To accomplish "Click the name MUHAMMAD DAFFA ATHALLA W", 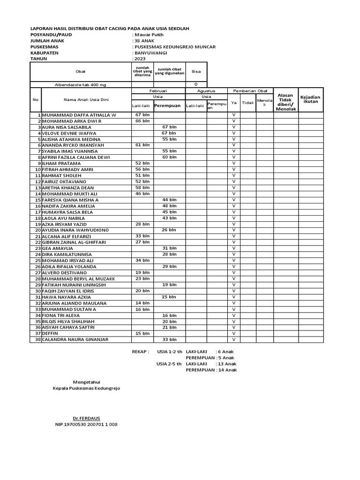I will pos(79,115).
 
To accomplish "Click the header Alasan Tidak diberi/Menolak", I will pos(285,102).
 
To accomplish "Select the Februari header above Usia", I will pos(158,90).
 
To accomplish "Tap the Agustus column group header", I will pos(206,90).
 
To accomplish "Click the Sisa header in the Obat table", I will pos(196,72).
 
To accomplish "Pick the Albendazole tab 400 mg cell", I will pos(81,84).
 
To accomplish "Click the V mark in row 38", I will pos(233,339).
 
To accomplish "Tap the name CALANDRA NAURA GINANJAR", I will pos(75,339).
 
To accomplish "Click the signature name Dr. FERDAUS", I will pos(86,418).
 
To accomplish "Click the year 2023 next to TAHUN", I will pos(140,60).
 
